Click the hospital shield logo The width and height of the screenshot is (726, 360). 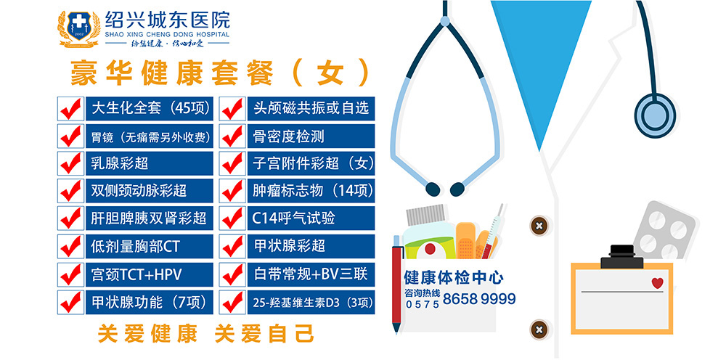pos(79,29)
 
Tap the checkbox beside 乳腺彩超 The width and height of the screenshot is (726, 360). pos(70,163)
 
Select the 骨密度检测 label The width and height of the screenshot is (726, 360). pos(288,136)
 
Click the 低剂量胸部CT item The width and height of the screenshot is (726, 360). pos(135,246)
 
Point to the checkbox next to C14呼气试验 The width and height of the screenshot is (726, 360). pos(232,218)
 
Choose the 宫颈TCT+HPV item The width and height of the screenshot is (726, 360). pos(136,274)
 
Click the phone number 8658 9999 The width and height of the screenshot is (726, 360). pos(479,299)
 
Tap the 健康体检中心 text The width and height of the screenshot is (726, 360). pos(454,278)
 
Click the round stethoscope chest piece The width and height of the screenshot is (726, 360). pos(655,113)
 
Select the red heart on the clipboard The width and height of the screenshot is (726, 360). pos(657,283)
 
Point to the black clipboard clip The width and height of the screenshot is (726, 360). pos(622,257)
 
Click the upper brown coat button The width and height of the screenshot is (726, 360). pos(539,226)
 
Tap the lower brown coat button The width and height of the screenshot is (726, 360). pos(539,330)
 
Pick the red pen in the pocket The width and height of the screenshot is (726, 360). pos(396,284)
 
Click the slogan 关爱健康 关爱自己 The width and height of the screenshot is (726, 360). pos(205,334)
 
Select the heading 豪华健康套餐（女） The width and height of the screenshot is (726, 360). pos(220,73)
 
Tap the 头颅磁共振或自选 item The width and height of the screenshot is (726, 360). pos(311,108)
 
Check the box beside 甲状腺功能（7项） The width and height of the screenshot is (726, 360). pos(70,302)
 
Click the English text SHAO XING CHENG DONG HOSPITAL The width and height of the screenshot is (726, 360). pos(167,34)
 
